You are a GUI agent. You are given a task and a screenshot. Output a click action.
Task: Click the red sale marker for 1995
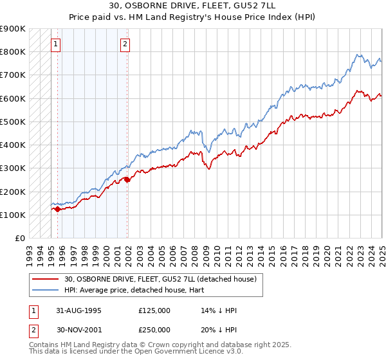pos(57,209)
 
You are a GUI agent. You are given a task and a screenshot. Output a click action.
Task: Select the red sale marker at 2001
pos(127,180)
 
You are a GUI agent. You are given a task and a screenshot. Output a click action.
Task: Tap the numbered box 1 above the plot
pos(56,44)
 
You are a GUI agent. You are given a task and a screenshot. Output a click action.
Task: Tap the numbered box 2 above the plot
pos(125,44)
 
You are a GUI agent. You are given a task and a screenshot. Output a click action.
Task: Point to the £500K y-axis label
pos(13,122)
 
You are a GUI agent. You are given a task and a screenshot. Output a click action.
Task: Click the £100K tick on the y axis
pos(13,215)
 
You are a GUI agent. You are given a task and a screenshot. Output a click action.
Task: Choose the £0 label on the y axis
pos(20,238)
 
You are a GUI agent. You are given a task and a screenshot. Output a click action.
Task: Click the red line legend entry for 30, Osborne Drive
pos(161,279)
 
